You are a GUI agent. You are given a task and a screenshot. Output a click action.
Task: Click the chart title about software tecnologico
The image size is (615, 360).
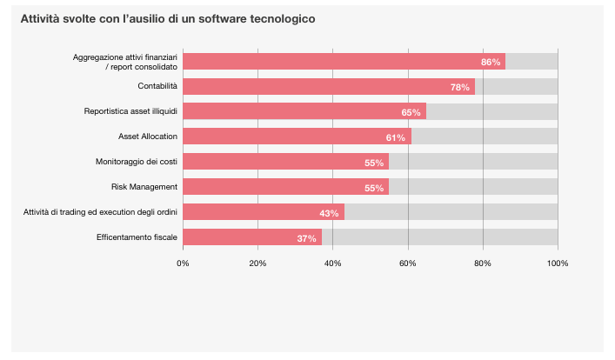(168, 18)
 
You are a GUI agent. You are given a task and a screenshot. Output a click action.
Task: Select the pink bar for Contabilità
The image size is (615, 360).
(328, 87)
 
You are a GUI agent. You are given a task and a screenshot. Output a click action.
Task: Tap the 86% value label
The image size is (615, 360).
(491, 62)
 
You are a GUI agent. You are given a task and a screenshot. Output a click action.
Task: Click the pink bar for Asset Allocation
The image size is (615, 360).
(296, 137)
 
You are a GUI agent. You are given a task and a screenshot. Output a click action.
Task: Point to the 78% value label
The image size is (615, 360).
(460, 87)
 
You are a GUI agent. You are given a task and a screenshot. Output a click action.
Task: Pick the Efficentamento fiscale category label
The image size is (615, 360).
(137, 237)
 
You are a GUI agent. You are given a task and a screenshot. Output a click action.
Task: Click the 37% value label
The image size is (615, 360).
(306, 238)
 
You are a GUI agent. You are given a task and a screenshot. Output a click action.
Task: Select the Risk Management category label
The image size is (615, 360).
(144, 187)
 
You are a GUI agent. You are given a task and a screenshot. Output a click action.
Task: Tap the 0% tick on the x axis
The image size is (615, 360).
(183, 263)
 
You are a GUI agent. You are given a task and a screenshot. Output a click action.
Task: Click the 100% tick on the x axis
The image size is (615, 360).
(558, 263)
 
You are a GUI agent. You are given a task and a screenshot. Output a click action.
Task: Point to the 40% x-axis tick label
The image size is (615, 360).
(332, 263)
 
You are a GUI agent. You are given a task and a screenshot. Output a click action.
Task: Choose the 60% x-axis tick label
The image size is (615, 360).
(407, 263)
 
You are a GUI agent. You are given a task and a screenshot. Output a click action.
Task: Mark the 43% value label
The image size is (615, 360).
(329, 213)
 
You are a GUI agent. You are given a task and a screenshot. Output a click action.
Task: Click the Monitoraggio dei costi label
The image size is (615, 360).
(137, 162)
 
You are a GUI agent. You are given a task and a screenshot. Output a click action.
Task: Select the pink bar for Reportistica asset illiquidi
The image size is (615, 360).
(304, 112)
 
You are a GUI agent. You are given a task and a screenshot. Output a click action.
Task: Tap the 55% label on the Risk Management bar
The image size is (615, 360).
(374, 188)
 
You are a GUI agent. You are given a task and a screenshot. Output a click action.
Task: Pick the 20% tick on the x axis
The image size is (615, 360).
(257, 263)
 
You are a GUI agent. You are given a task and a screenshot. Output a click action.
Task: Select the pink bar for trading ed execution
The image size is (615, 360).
(263, 212)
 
